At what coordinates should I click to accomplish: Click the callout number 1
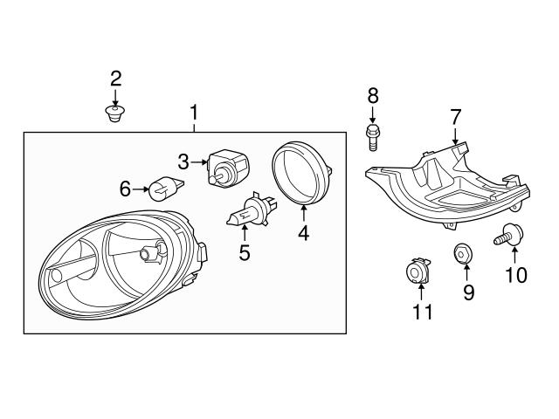pyautogui.click(x=194, y=112)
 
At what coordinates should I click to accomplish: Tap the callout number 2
pyautogui.click(x=115, y=79)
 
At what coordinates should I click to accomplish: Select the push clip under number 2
pyautogui.click(x=114, y=113)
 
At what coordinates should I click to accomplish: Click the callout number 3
pyautogui.click(x=183, y=161)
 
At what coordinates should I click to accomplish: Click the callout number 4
pyautogui.click(x=303, y=233)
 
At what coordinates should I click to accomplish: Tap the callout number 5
pyautogui.click(x=245, y=253)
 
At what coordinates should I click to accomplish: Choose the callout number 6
pyautogui.click(x=125, y=188)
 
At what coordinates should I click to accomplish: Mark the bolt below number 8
pyautogui.click(x=372, y=134)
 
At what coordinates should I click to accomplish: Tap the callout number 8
pyautogui.click(x=372, y=95)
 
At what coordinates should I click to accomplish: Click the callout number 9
pyautogui.click(x=468, y=292)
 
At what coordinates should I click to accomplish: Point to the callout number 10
pyautogui.click(x=515, y=276)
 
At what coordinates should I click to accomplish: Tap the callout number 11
pyautogui.click(x=422, y=312)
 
